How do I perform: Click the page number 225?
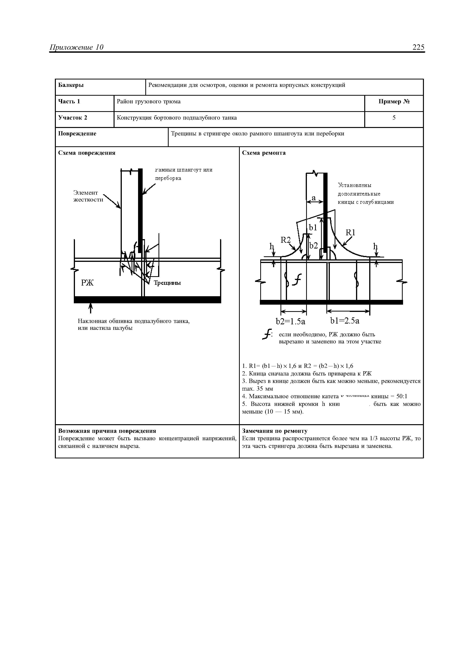[418, 47]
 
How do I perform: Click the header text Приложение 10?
[76, 47]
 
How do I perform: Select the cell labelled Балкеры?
[71, 85]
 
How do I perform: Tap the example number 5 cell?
[394, 118]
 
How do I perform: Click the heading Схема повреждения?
[87, 153]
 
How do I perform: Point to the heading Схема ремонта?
[264, 153]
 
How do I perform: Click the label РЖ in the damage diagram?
[87, 282]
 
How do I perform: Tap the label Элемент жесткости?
[88, 196]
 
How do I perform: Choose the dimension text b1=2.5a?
[345, 321]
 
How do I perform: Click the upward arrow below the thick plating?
[90, 308]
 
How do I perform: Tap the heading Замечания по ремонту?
[275, 431]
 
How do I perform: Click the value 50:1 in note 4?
[402, 396]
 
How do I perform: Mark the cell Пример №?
[394, 102]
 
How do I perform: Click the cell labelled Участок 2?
[73, 118]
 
